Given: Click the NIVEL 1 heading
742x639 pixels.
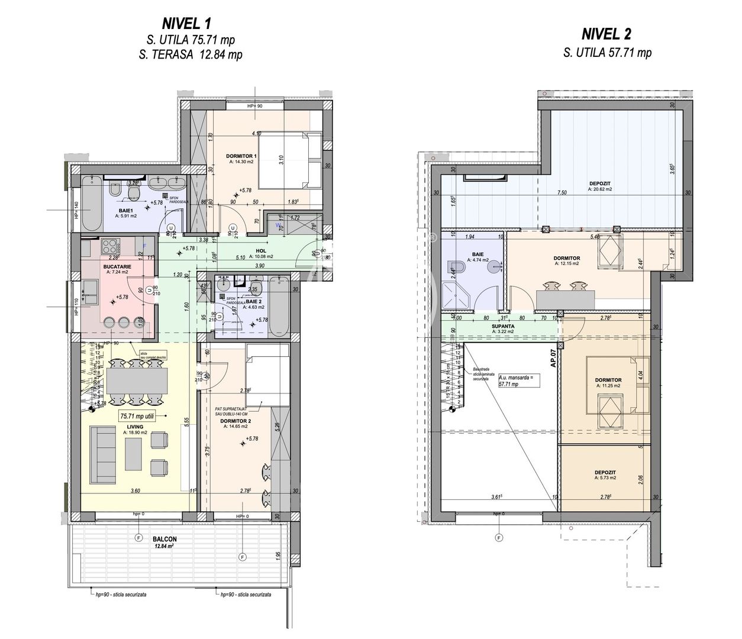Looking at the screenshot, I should click(x=186, y=24).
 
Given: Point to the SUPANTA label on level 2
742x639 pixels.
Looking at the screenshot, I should click(x=502, y=326).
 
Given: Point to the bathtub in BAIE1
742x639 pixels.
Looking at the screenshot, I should click(x=91, y=203).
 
